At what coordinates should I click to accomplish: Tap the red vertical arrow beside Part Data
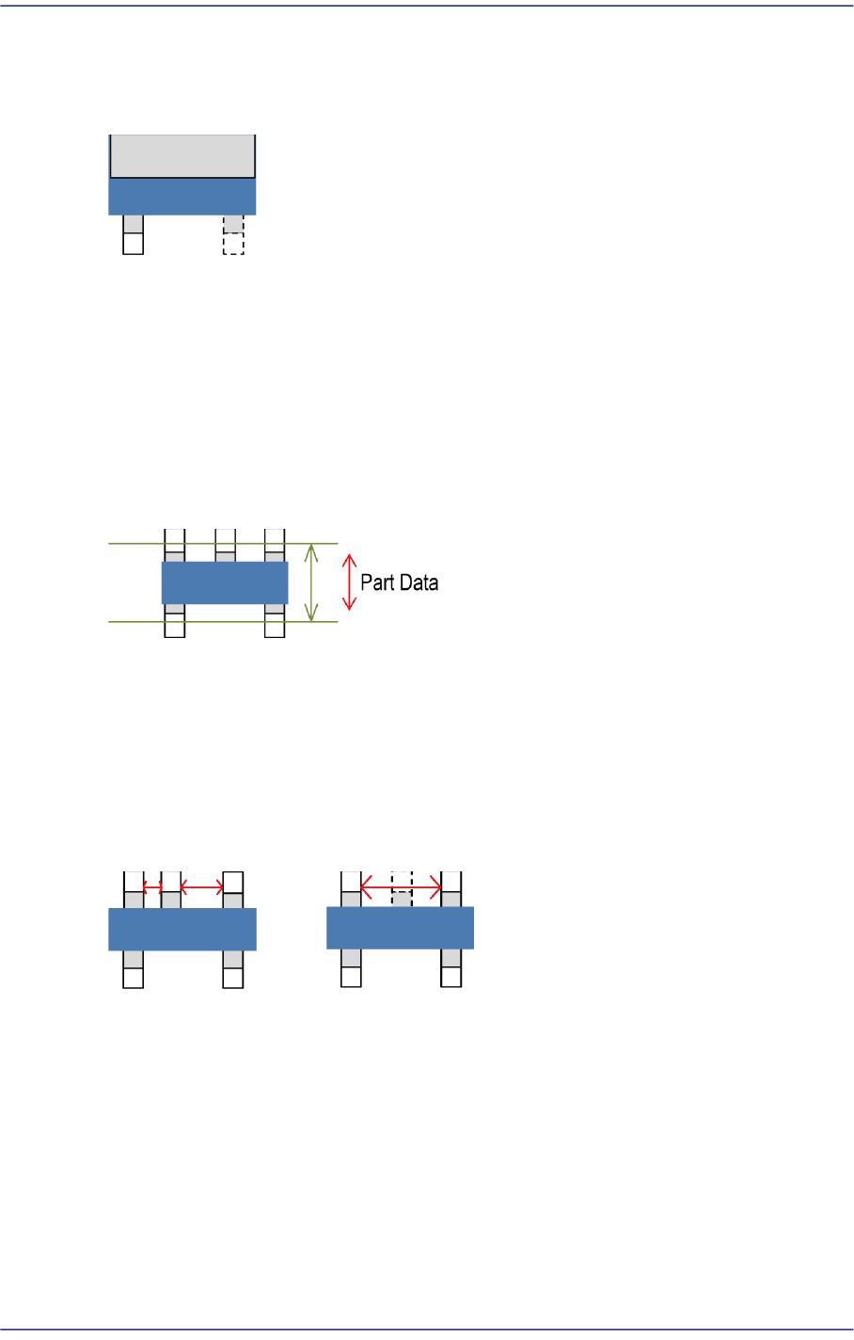coord(349,582)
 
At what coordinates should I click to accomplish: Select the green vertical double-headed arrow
coord(311,582)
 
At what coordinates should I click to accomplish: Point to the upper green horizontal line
coord(223,544)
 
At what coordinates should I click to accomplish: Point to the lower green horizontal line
coord(223,622)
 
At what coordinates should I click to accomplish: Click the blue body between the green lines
coord(225,582)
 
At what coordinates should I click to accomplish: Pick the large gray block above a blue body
coord(183,156)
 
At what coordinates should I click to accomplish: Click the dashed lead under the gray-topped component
coord(233,235)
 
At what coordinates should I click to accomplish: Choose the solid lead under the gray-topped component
coord(134,235)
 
